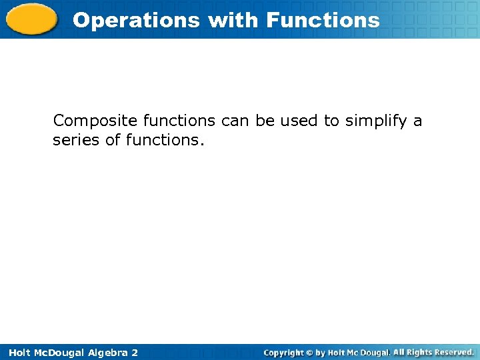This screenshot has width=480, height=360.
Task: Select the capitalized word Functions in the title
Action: pos(323,20)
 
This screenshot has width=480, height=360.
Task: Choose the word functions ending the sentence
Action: pos(163,141)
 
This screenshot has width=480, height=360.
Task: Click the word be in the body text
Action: pos(266,121)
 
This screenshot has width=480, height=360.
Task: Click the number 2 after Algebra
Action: pos(135,352)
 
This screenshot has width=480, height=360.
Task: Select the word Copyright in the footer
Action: pos(284,352)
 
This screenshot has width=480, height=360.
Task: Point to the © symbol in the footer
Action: pos(311,352)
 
